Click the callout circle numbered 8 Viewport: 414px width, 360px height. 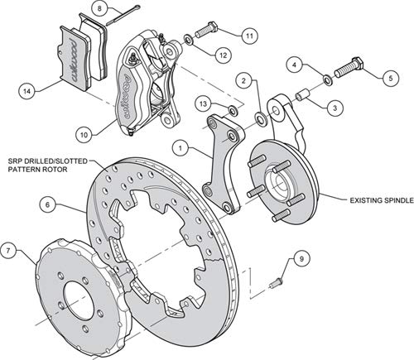99,8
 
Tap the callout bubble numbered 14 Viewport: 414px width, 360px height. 27,91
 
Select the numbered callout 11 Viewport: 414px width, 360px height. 249,36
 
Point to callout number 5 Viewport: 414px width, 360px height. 391,78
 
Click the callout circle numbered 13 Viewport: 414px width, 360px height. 203,103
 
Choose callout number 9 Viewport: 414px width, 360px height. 301,259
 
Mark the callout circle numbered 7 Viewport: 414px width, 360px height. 8,251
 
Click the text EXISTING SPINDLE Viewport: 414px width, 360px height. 382,200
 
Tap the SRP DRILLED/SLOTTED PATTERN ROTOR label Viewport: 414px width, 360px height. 47,165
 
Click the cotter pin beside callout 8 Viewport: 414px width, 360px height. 123,15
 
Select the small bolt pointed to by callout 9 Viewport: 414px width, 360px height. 275,284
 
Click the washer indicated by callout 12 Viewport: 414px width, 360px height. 189,41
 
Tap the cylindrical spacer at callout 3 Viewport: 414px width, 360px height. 302,96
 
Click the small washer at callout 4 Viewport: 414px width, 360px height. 328,79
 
